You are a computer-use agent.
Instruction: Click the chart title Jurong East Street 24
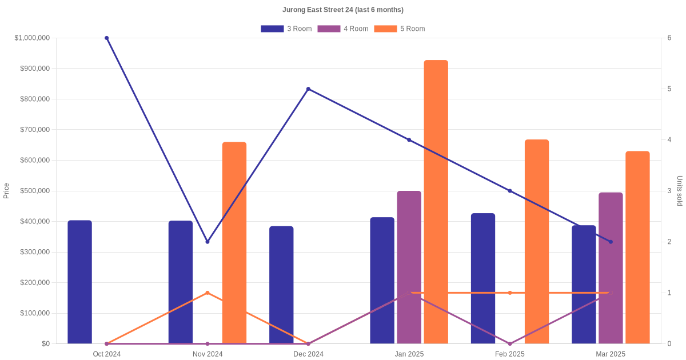click(x=342, y=10)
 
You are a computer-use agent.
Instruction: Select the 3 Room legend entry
click(x=286, y=29)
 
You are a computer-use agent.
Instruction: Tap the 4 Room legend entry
click(x=342, y=29)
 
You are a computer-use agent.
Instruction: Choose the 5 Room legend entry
click(x=399, y=29)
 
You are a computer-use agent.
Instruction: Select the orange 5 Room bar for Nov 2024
click(x=234, y=243)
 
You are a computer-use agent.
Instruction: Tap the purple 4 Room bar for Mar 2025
click(x=611, y=268)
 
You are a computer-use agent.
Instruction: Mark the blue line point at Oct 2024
click(x=107, y=38)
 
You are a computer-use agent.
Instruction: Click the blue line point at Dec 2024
click(x=308, y=89)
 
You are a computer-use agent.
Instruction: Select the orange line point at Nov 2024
click(x=208, y=293)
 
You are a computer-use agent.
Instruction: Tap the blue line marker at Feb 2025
click(x=510, y=191)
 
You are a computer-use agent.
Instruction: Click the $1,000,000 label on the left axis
click(x=32, y=38)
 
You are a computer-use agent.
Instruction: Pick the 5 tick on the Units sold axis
click(x=669, y=89)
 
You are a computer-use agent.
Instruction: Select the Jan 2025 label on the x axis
click(x=409, y=354)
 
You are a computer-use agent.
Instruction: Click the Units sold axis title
click(x=680, y=191)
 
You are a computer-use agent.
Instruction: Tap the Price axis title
click(x=6, y=191)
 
